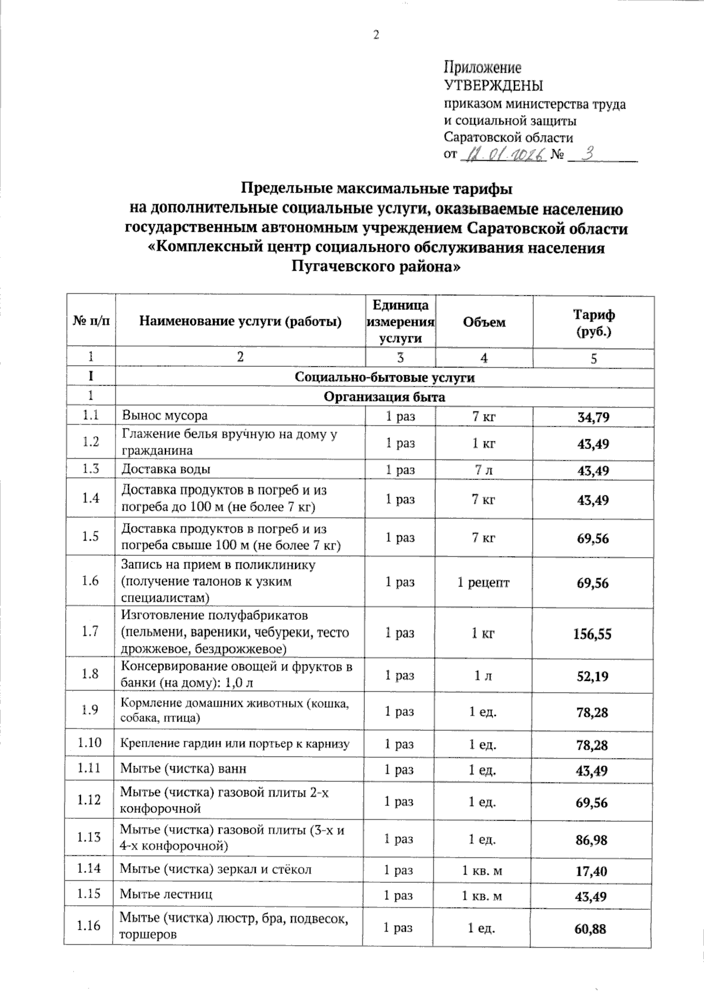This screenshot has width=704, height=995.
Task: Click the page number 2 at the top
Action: pos(377,35)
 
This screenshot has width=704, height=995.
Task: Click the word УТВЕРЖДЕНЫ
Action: pos(493,86)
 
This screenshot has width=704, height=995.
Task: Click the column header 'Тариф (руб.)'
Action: pos(593,323)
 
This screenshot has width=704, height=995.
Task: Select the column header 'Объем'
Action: pos(484,322)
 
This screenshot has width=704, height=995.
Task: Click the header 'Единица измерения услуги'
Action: pos(401,322)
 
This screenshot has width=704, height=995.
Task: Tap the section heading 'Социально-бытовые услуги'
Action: pos(384,377)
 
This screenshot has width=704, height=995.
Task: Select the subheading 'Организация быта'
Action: pos(384,397)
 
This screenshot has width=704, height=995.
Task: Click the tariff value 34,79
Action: pos(593,417)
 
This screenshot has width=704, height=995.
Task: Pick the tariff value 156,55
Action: pos(593,633)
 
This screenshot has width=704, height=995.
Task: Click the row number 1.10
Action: pos(89,743)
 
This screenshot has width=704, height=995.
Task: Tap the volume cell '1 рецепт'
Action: pos(483,582)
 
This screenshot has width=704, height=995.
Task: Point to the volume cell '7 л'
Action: pos(483,470)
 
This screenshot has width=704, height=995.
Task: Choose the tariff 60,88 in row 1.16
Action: pos(591,929)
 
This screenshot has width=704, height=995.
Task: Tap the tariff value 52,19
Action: pos(592,676)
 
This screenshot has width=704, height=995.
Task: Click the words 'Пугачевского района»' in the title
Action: pos(375,267)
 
